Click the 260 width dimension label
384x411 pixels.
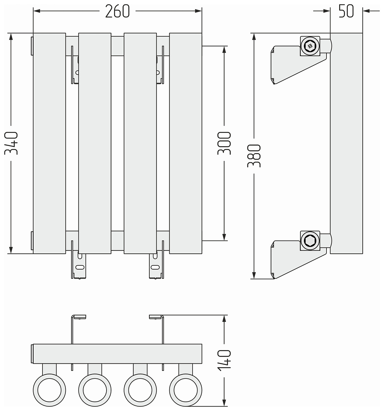coord(117,12)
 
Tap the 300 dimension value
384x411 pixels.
coord(225,143)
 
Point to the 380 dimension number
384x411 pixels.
coord(255,155)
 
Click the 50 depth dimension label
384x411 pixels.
coord(346,12)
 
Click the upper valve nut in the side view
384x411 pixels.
coord(310,46)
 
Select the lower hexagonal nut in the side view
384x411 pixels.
coord(310,241)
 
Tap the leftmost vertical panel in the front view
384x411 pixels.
coord(49,143)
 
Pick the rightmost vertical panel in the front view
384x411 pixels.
coord(185,143)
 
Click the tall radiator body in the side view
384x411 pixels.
coord(346,143)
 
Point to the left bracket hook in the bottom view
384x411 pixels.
coord(78,317)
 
